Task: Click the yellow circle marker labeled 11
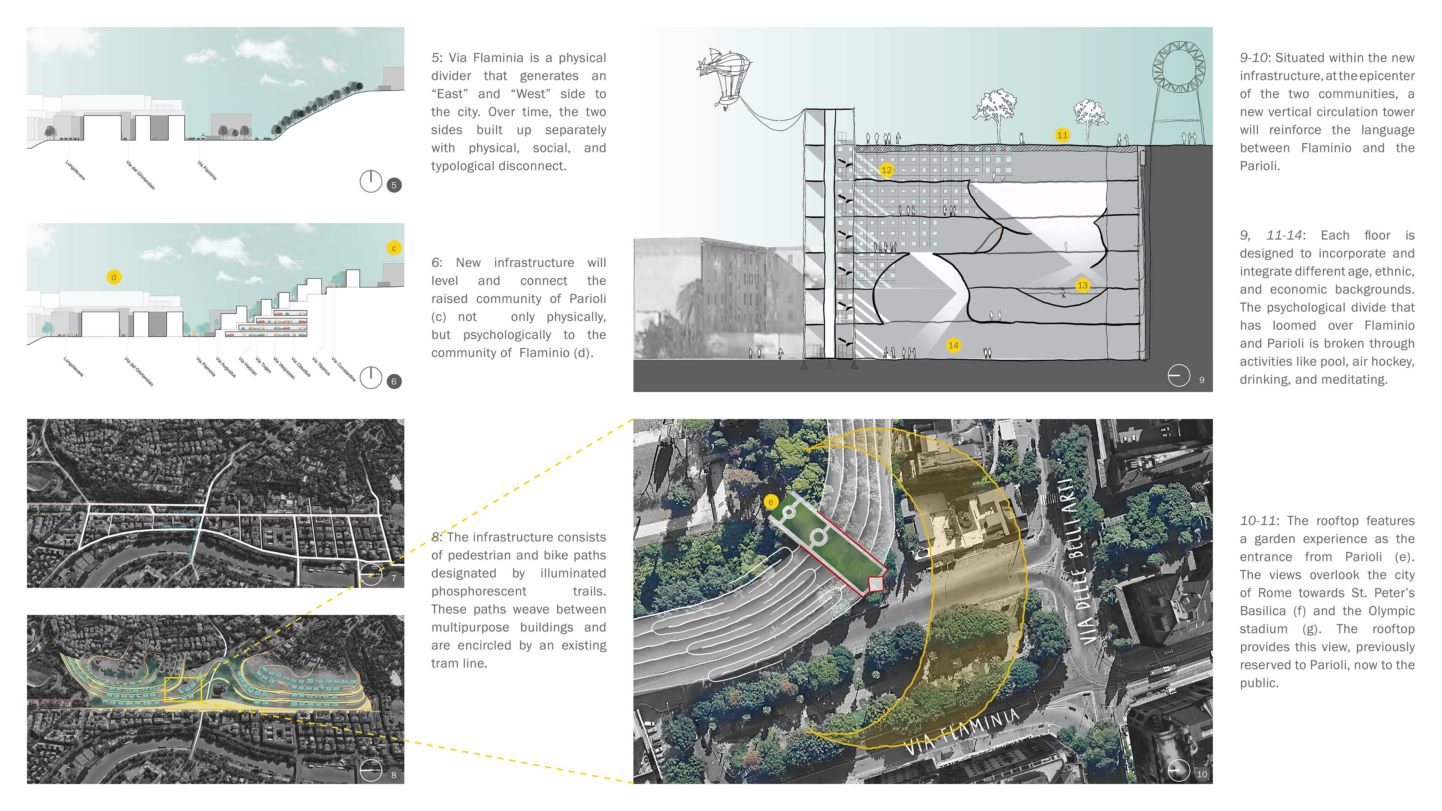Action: pyautogui.click(x=1062, y=135)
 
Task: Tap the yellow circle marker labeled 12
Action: pyautogui.click(x=886, y=170)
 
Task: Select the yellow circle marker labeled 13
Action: pyautogui.click(x=1082, y=285)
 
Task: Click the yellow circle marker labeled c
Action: pyautogui.click(x=394, y=248)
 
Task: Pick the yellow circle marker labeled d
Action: pyautogui.click(x=114, y=277)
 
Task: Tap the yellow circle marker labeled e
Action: pyautogui.click(x=771, y=502)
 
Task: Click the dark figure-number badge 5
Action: pyautogui.click(x=394, y=185)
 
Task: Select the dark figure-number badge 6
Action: pyautogui.click(x=394, y=382)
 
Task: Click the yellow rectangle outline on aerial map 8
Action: pyautogui.click(x=183, y=689)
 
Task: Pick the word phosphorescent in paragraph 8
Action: pyautogui.click(x=479, y=592)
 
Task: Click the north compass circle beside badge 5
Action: pyautogui.click(x=371, y=181)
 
